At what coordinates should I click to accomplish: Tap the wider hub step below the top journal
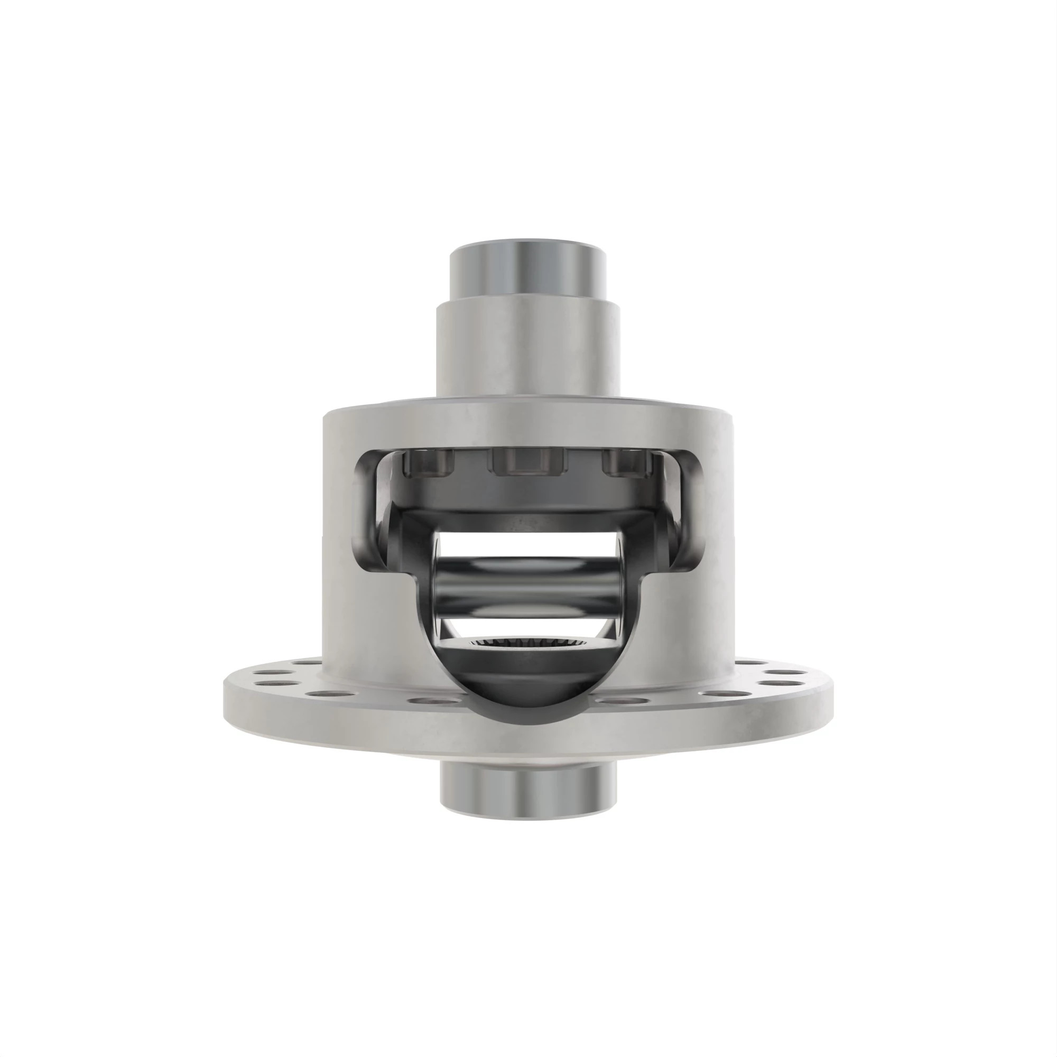[528, 350]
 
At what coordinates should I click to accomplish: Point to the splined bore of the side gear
[528, 644]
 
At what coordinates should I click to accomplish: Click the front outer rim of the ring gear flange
[528, 736]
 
